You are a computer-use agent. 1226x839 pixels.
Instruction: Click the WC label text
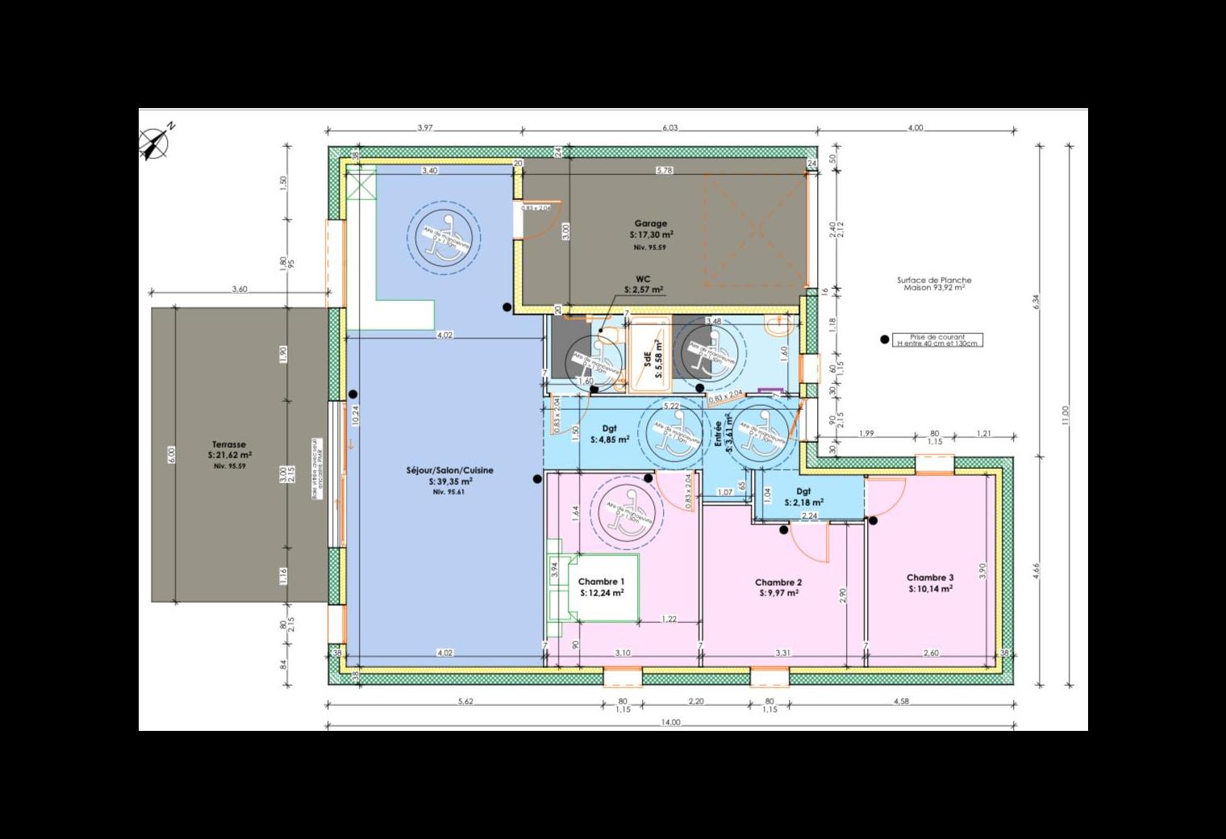(x=643, y=279)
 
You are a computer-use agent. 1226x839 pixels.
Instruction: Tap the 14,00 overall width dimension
(x=670, y=723)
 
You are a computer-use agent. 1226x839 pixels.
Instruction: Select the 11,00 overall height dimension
(x=1065, y=415)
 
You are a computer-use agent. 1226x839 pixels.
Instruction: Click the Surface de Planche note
(x=934, y=283)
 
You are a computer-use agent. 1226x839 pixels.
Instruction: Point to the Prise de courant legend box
(x=936, y=340)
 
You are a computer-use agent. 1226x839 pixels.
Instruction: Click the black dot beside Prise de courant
(x=885, y=340)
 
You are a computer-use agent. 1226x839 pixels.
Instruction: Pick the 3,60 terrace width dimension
(x=240, y=289)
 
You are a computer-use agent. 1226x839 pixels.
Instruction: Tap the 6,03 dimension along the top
(x=670, y=127)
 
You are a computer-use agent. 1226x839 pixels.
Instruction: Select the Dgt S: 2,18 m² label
(x=803, y=496)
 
